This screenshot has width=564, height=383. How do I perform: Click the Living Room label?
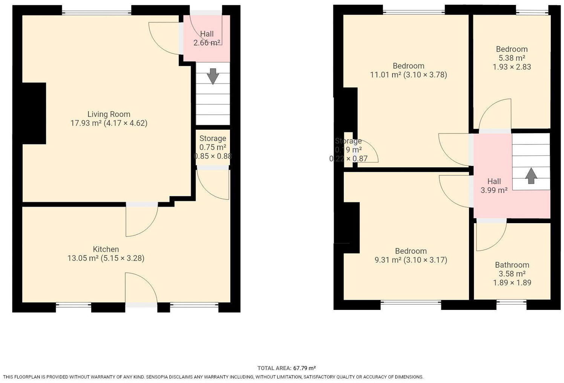coord(109,114)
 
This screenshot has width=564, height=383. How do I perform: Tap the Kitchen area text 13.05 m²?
coord(83,258)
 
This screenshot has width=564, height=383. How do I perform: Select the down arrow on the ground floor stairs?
coord(213,76)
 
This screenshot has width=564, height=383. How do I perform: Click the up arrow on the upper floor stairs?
coord(531,176)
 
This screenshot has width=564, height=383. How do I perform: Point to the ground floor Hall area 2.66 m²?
coord(207,43)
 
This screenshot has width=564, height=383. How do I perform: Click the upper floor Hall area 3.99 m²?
coord(494,190)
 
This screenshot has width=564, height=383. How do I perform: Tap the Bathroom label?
coord(512,265)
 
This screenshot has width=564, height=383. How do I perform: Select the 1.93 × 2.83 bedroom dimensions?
coord(512,67)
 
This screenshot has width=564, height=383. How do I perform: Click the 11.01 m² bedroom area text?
coord(385,75)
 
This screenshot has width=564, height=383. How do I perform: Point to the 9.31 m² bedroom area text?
coord(388,260)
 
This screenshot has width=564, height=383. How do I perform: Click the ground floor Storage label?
coord(213,138)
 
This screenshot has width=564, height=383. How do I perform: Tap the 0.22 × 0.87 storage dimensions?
coord(348,159)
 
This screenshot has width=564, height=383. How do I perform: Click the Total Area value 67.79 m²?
coord(304,368)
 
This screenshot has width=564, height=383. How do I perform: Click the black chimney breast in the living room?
coord(34,113)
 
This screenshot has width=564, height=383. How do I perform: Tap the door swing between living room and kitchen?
coord(141,221)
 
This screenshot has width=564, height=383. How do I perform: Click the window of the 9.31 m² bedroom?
coord(411,302)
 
